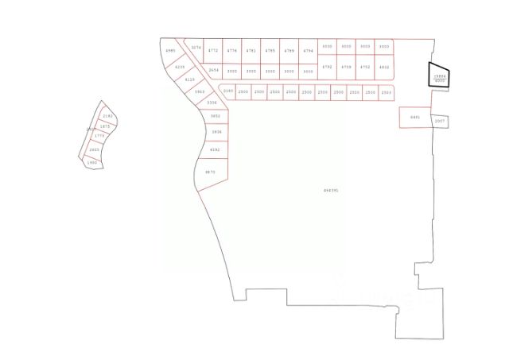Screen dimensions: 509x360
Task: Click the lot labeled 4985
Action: click(x=169, y=51)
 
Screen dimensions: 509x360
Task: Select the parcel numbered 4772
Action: click(x=212, y=50)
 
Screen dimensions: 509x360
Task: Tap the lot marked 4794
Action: click(x=309, y=50)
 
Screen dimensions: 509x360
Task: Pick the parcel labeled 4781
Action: click(x=251, y=50)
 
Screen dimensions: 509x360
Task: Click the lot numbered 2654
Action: click(x=213, y=70)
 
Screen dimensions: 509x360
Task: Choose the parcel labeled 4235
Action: click(x=180, y=67)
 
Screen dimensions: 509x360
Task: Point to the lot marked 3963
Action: click(x=200, y=91)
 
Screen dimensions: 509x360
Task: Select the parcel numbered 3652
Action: click(x=216, y=116)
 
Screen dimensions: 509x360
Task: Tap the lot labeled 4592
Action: click(x=214, y=149)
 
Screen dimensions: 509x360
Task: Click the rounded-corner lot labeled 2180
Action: click(x=228, y=91)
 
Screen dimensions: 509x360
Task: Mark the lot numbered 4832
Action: click(x=384, y=67)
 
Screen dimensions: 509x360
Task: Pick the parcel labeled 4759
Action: click(x=346, y=67)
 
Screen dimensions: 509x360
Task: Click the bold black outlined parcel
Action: click(x=440, y=75)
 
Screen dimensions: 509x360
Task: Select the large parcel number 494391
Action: click(x=331, y=190)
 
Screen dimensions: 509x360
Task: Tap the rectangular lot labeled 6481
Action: click(x=414, y=118)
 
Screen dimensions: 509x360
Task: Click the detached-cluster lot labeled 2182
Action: click(x=108, y=116)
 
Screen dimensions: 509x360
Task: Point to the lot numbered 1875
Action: click(x=105, y=126)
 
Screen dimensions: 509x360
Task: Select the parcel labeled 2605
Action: click(x=95, y=149)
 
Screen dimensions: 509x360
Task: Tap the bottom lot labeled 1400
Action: click(x=92, y=162)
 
